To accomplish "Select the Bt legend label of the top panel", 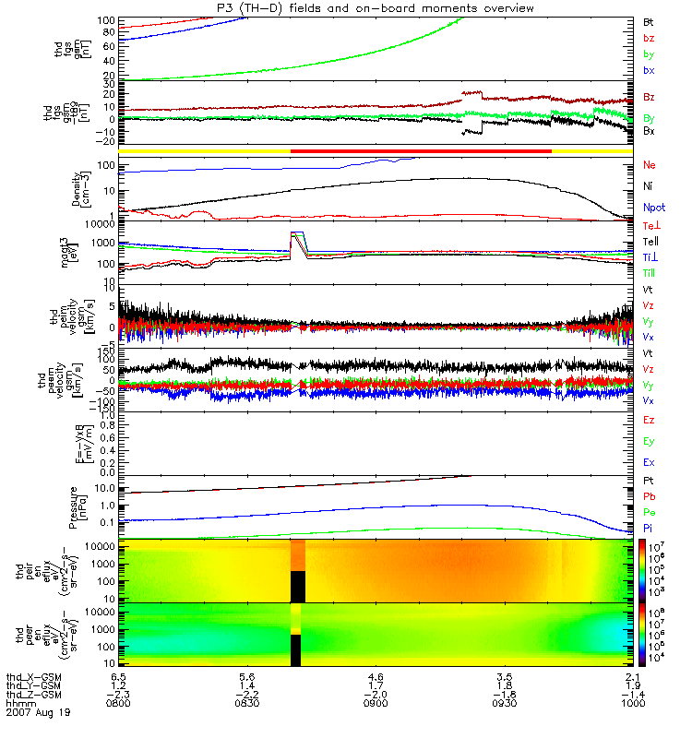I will (649, 21).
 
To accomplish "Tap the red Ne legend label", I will (650, 165).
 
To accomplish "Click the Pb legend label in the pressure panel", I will (650, 498).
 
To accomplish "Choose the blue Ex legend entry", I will (649, 461).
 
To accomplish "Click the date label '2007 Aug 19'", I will (37, 712).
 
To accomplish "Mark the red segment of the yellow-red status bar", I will (421, 149).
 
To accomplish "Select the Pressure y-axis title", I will (84, 504).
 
